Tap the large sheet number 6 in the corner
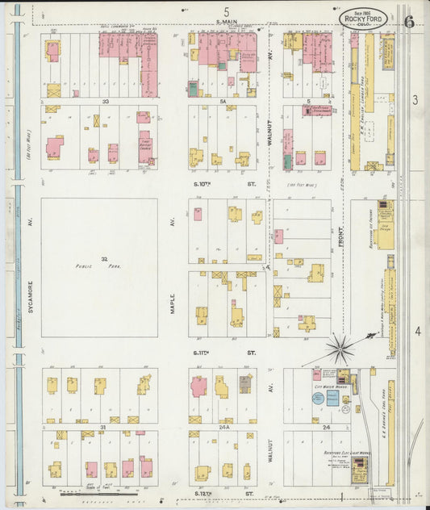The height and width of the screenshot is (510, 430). tap(409, 21)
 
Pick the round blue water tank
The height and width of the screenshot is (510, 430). tap(318, 398)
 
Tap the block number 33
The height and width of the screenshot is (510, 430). tap(105, 102)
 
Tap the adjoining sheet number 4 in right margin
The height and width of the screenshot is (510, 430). tap(417, 332)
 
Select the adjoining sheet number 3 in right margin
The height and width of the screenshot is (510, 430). tap(415, 100)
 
